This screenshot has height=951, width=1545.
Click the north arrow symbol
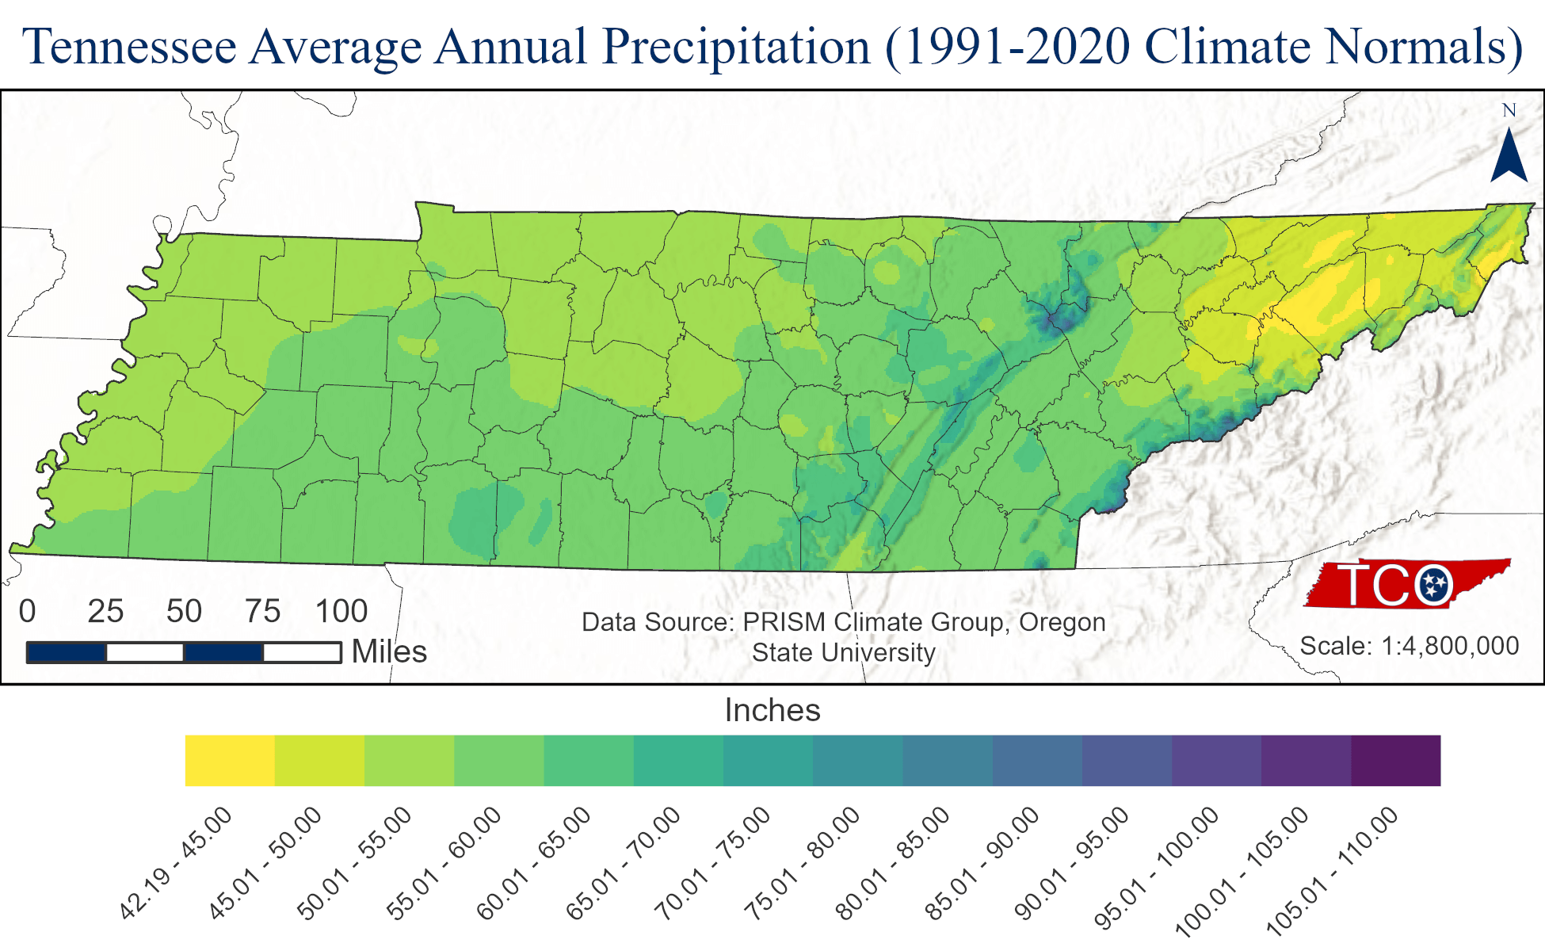tap(1509, 157)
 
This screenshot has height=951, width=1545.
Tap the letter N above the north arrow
tap(1509, 111)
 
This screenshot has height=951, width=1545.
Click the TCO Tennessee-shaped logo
tap(1407, 584)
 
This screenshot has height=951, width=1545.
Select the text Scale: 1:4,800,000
tap(1410, 646)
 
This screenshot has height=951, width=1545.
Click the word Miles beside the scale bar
tap(389, 651)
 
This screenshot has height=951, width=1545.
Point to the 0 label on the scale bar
tap(28, 611)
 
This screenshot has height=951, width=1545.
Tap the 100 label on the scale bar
tap(341, 611)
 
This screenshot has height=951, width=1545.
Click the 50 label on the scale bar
tap(184, 611)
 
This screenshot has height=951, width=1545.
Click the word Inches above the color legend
tap(772, 710)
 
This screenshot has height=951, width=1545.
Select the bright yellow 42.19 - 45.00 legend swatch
tap(230, 761)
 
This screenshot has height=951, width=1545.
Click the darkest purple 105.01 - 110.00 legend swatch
tap(1395, 761)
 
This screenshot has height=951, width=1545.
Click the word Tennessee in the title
tap(130, 46)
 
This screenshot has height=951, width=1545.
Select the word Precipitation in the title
tap(736, 46)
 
